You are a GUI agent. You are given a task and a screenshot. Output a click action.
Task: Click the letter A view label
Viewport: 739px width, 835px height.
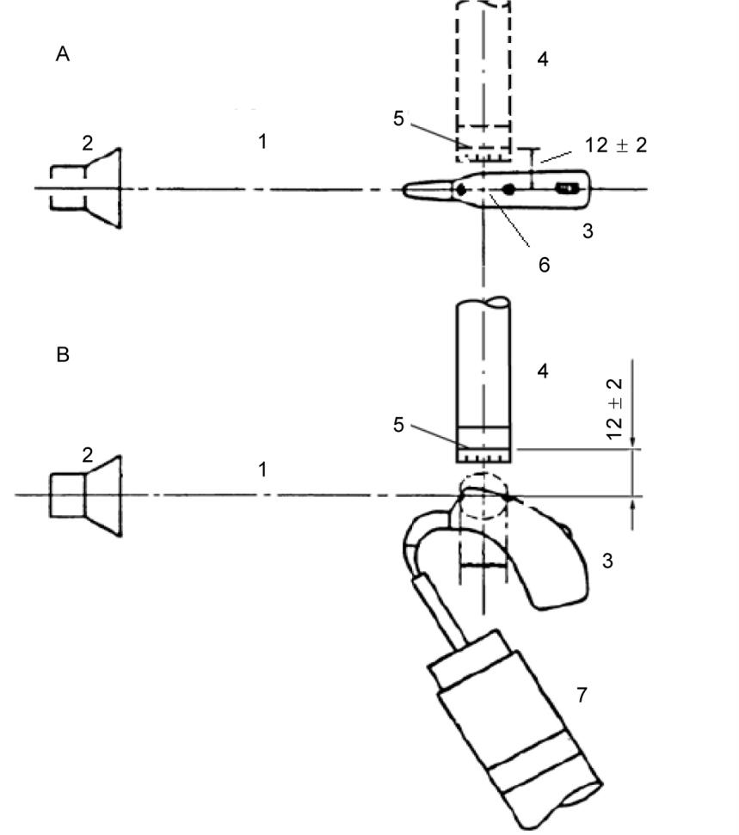(x=62, y=54)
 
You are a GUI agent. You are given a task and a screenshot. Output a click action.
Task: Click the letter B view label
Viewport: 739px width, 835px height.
(x=62, y=354)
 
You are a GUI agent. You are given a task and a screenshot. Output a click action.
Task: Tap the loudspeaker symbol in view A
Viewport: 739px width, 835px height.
(x=86, y=188)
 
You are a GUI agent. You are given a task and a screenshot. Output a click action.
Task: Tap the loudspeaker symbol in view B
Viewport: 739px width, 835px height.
(x=86, y=495)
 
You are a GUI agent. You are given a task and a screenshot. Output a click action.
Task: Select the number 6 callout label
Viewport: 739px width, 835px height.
(x=544, y=265)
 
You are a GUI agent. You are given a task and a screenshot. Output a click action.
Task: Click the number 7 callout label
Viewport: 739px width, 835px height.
(x=582, y=695)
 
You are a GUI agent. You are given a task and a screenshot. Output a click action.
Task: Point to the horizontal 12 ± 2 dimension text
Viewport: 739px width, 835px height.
(x=616, y=144)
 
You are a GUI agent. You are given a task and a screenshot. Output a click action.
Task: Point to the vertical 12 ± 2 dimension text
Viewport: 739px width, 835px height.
(x=614, y=409)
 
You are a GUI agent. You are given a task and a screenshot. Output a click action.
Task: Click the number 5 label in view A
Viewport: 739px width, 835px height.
(x=398, y=118)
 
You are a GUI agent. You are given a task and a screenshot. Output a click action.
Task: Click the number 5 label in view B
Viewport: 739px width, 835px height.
(x=398, y=425)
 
